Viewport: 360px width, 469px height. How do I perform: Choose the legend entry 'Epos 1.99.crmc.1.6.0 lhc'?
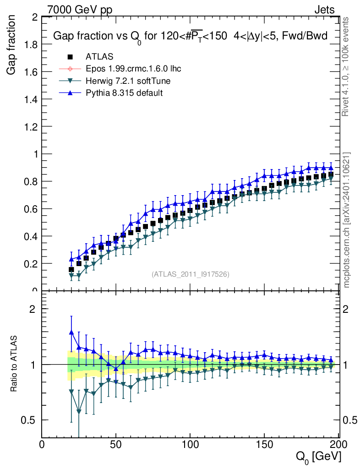click(133, 69)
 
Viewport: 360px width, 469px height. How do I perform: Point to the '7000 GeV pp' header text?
click(81, 9)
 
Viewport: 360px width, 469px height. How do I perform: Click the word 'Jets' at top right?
click(324, 9)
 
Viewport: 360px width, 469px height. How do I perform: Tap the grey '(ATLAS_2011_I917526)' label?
click(191, 274)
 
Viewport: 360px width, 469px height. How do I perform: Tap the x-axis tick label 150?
click(264, 444)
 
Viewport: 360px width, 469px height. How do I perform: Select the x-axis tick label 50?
click(116, 444)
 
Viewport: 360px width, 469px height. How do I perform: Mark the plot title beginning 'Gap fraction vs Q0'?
click(191, 37)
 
